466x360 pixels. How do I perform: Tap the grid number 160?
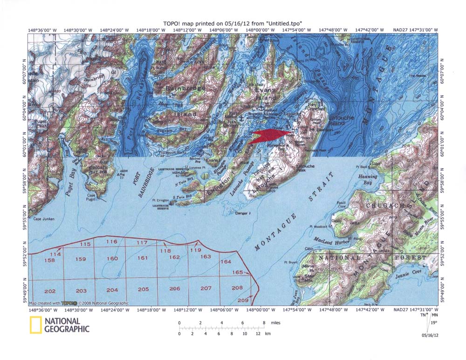coord(112,258)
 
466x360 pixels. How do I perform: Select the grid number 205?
coord(143,289)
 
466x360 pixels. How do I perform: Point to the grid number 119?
coord(195,250)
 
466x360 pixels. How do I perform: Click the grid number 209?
coord(243,300)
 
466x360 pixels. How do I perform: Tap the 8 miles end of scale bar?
coord(264,322)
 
